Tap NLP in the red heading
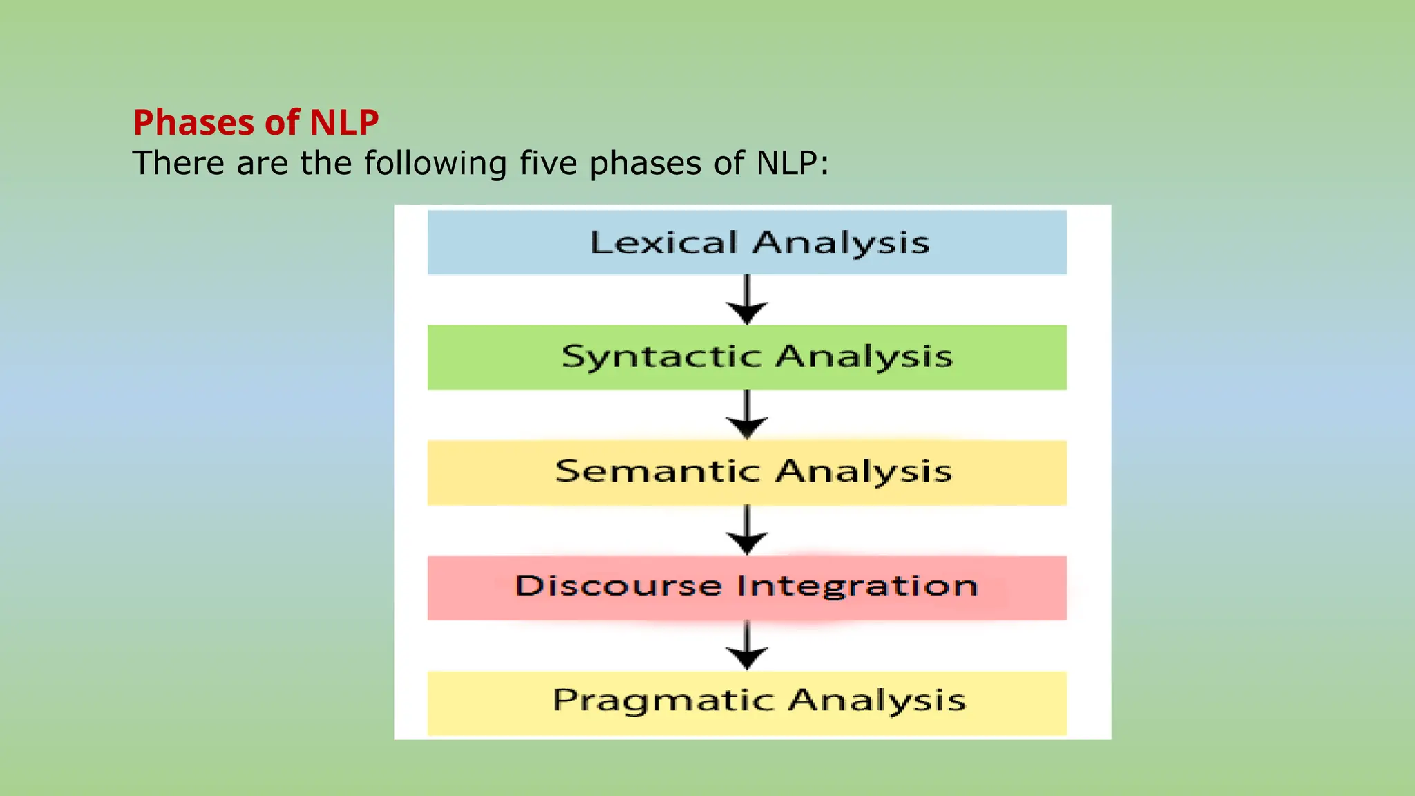coord(343,123)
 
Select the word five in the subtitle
coord(548,164)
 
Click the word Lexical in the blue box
coord(663,243)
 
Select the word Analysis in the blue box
coord(841,243)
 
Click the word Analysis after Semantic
coord(864,472)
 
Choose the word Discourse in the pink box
coord(618,586)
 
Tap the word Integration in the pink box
coord(857,586)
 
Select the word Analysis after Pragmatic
coord(877,701)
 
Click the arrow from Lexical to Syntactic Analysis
coord(747,300)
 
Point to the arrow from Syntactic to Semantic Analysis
coord(747,415)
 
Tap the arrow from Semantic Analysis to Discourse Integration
coord(747,530)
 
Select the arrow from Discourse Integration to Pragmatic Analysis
coord(747,645)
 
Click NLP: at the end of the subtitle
coord(792,164)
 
